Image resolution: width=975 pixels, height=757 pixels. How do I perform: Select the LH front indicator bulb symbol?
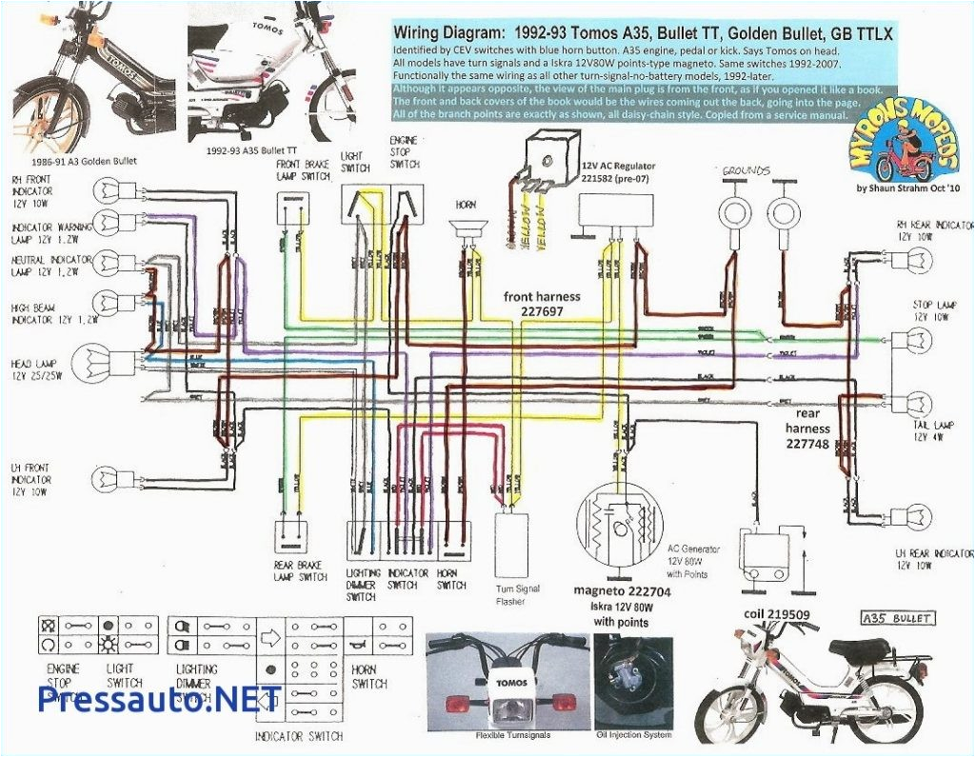tap(108, 477)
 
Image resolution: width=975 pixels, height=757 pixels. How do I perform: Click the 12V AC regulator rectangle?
tap(616, 210)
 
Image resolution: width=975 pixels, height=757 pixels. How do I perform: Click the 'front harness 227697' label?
tap(542, 304)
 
